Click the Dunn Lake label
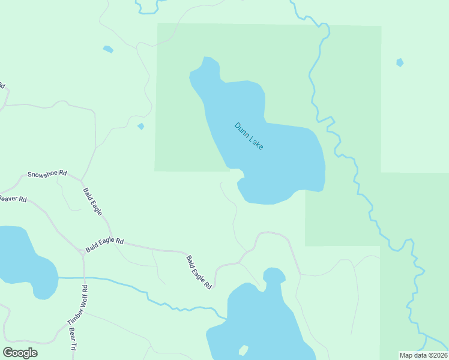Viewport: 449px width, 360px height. pyautogui.click(x=249, y=136)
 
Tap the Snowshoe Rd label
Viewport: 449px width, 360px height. pyautogui.click(x=46, y=174)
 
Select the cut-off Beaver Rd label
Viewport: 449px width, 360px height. pyautogui.click(x=13, y=199)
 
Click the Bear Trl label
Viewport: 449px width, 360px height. pyautogui.click(x=73, y=339)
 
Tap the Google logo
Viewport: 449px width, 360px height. pyautogui.click(x=20, y=352)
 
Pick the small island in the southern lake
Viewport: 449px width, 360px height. pyautogui.click(x=243, y=350)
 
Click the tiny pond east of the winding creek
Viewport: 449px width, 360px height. pyautogui.click(x=400, y=62)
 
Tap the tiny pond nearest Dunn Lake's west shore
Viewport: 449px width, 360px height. pyautogui.click(x=141, y=126)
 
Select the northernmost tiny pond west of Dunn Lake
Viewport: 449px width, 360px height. pyautogui.click(x=108, y=49)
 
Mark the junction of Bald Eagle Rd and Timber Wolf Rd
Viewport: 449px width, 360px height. pyautogui.click(x=83, y=252)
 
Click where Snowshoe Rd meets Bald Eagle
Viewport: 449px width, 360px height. pyautogui.click(x=82, y=179)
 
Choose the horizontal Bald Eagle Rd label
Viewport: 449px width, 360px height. pyautogui.click(x=104, y=244)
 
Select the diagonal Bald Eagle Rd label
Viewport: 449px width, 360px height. pyautogui.click(x=199, y=272)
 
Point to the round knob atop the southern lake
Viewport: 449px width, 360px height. pyautogui.click(x=274, y=275)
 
